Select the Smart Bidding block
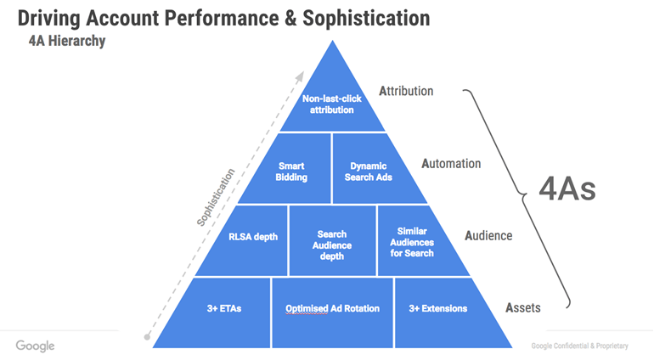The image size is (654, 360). (x=292, y=172)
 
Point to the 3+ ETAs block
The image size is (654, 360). (x=224, y=308)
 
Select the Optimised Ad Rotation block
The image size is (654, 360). (x=332, y=308)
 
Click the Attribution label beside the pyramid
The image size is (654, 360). (x=406, y=91)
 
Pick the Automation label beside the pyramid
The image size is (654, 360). (x=451, y=163)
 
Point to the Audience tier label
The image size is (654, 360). (x=488, y=235)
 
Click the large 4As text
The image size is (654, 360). (x=568, y=188)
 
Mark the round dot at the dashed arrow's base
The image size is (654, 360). (x=148, y=337)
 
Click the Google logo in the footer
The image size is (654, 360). (x=35, y=346)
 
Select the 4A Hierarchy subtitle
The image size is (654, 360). (x=67, y=41)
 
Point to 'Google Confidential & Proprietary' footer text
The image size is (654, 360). (x=580, y=346)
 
